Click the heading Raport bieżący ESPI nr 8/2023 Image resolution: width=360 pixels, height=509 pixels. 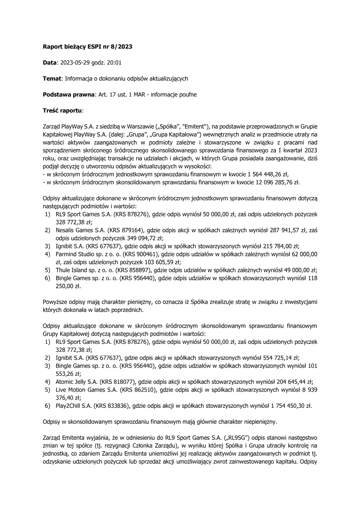click(87, 46)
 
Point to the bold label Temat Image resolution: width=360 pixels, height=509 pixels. click(52, 78)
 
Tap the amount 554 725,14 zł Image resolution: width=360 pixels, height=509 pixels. click(279, 358)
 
